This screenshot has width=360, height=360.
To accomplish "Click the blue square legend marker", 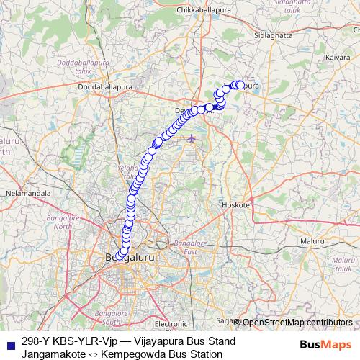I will pyautogui.click(x=9, y=343).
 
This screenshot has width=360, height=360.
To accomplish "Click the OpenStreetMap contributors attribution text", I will pyautogui.click(x=297, y=322).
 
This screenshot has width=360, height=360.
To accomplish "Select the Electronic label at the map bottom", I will pyautogui.click(x=171, y=324).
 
